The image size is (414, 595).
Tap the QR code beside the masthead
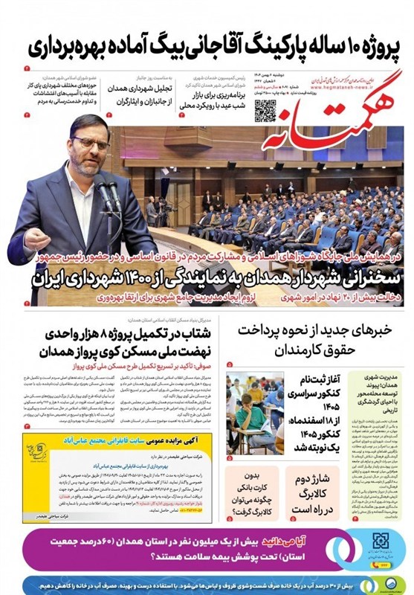point(265,109)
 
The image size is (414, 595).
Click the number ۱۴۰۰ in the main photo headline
point(223,280)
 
